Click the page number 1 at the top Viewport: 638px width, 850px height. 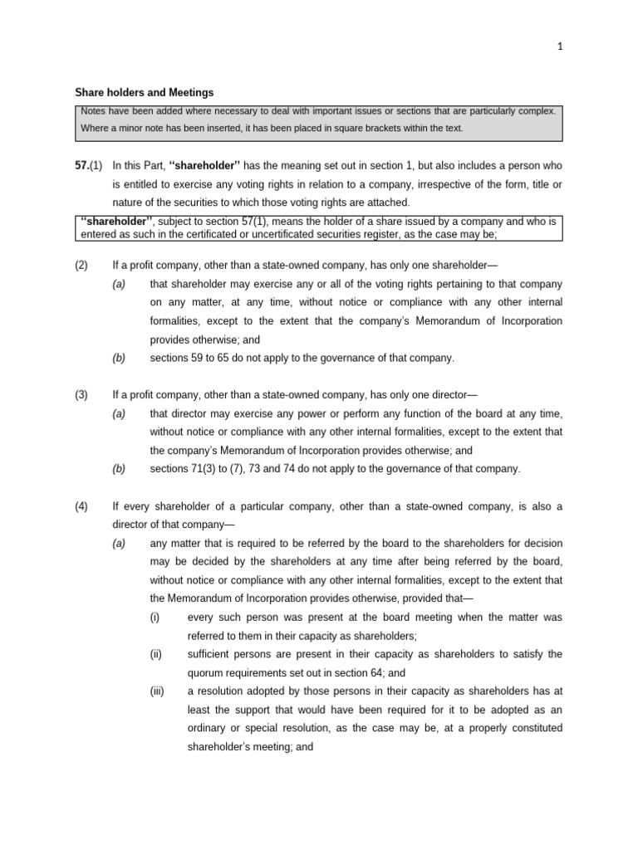(x=560, y=47)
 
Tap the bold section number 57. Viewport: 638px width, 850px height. (x=81, y=166)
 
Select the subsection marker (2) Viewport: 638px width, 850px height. (x=81, y=266)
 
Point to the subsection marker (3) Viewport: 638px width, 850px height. (x=81, y=395)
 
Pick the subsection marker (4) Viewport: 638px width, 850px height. (x=81, y=507)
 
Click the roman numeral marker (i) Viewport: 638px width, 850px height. (x=155, y=618)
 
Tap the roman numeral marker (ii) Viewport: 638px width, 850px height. (x=156, y=654)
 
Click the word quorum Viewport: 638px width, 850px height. (x=207, y=673)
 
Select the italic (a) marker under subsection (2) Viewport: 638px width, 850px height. (x=119, y=285)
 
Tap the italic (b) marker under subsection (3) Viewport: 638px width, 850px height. (x=119, y=469)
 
